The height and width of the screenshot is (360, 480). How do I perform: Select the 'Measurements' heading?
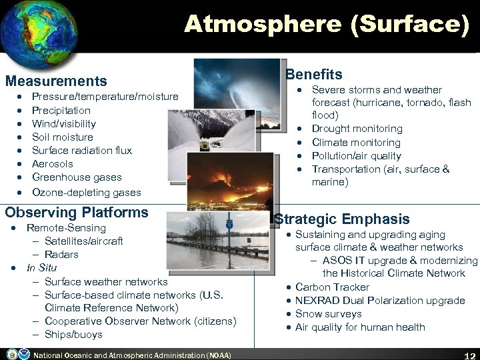pos(56,81)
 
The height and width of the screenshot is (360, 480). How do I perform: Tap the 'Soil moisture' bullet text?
pos(63,137)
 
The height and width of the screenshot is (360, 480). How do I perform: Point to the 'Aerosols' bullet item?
pos(52,164)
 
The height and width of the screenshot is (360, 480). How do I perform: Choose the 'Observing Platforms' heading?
pos(77,213)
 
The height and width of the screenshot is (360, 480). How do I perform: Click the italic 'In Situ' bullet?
pos(41,268)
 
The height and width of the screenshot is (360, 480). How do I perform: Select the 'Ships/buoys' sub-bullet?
pos(73,335)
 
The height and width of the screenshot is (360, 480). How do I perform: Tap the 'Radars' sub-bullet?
pos(61,255)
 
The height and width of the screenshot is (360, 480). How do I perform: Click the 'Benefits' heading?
pos(313,75)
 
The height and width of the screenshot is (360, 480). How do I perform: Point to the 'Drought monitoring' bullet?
pos(347,129)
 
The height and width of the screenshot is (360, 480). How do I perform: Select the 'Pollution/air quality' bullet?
pos(347,156)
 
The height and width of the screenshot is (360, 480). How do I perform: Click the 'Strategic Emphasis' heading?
pos(342,219)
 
